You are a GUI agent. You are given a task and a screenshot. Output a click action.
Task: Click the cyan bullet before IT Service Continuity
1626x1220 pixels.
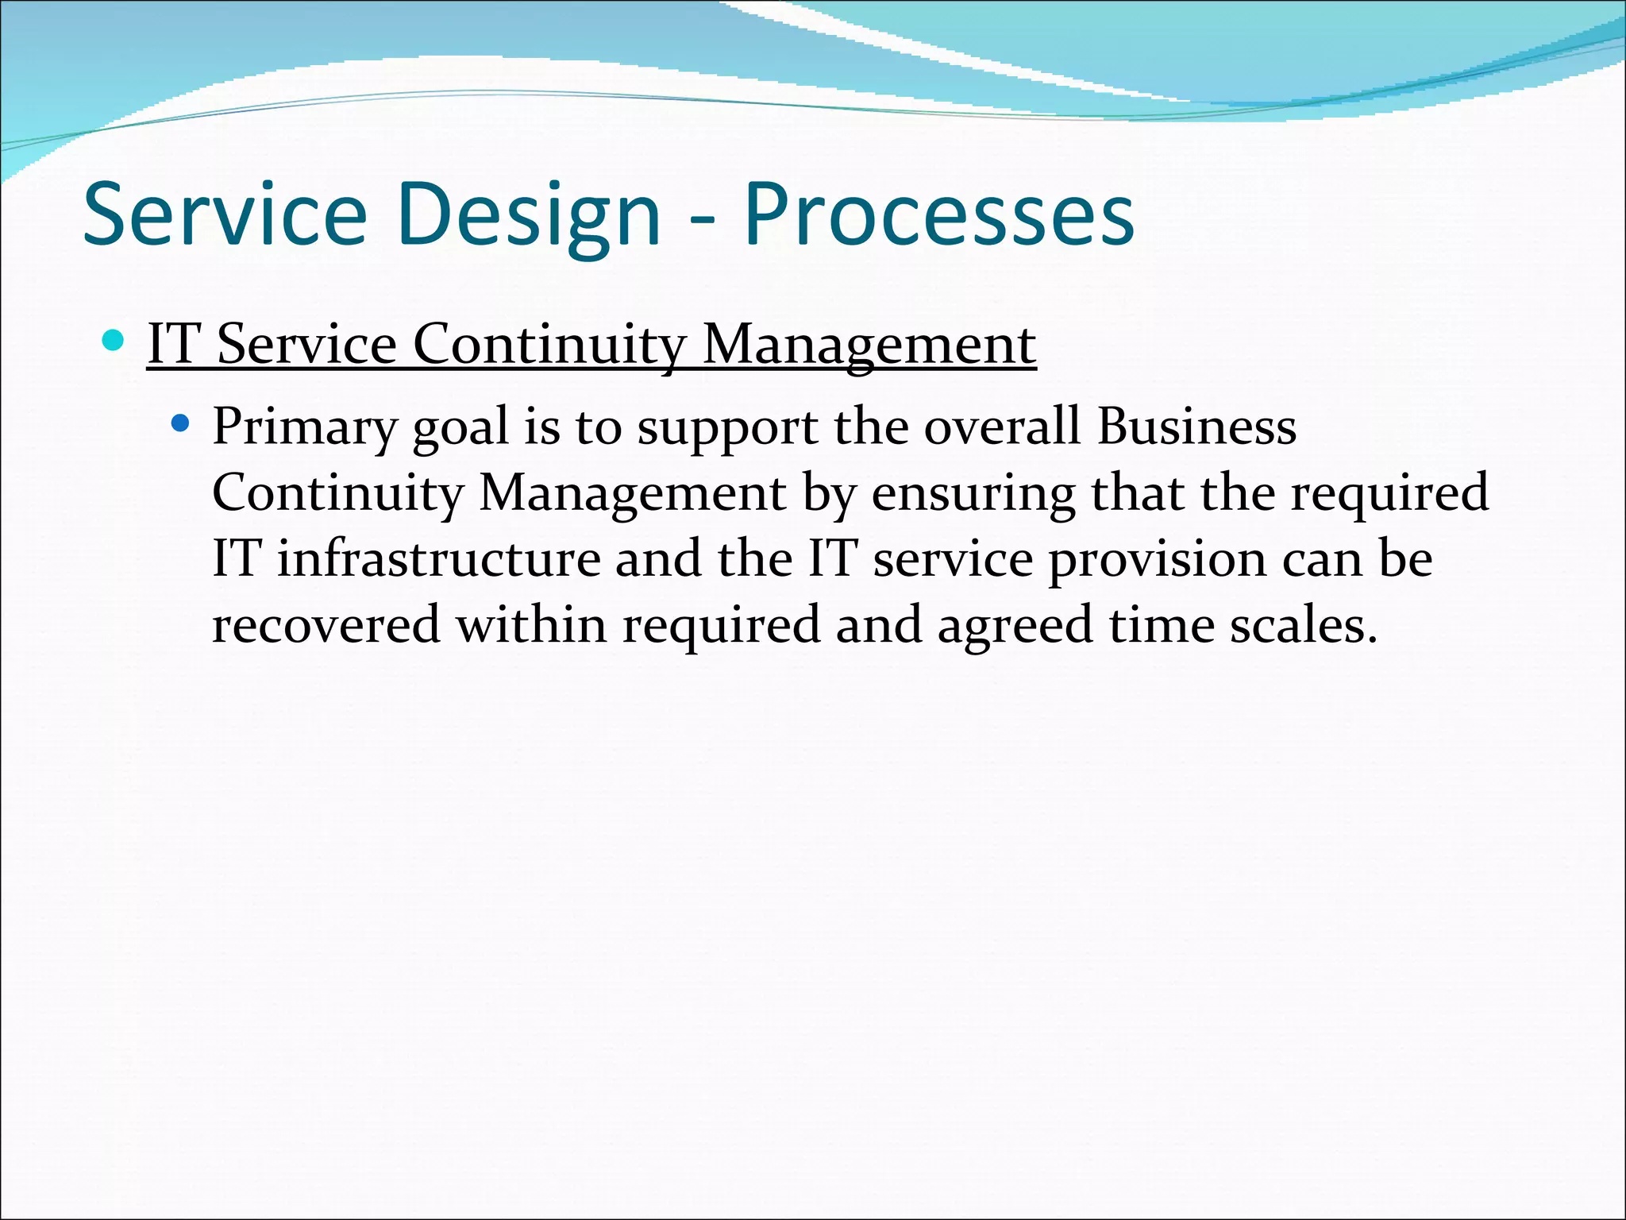pyautogui.click(x=114, y=342)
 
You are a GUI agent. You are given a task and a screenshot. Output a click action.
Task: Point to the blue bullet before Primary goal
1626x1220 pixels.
pyautogui.click(x=181, y=423)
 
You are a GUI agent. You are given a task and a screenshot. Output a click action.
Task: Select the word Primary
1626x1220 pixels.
pyautogui.click(x=304, y=427)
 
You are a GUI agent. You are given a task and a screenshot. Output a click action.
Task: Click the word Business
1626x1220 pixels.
pyautogui.click(x=1196, y=426)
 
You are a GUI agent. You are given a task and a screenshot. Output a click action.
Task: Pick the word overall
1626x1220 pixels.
pyautogui.click(x=1002, y=426)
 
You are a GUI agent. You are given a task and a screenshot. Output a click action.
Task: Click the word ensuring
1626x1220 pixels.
pyautogui.click(x=973, y=493)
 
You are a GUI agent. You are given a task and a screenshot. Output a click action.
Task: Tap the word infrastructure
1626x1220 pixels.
pyautogui.click(x=438, y=558)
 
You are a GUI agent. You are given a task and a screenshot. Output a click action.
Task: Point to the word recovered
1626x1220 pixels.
pyautogui.click(x=326, y=624)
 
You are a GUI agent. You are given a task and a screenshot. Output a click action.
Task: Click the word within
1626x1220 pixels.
pyautogui.click(x=531, y=624)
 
